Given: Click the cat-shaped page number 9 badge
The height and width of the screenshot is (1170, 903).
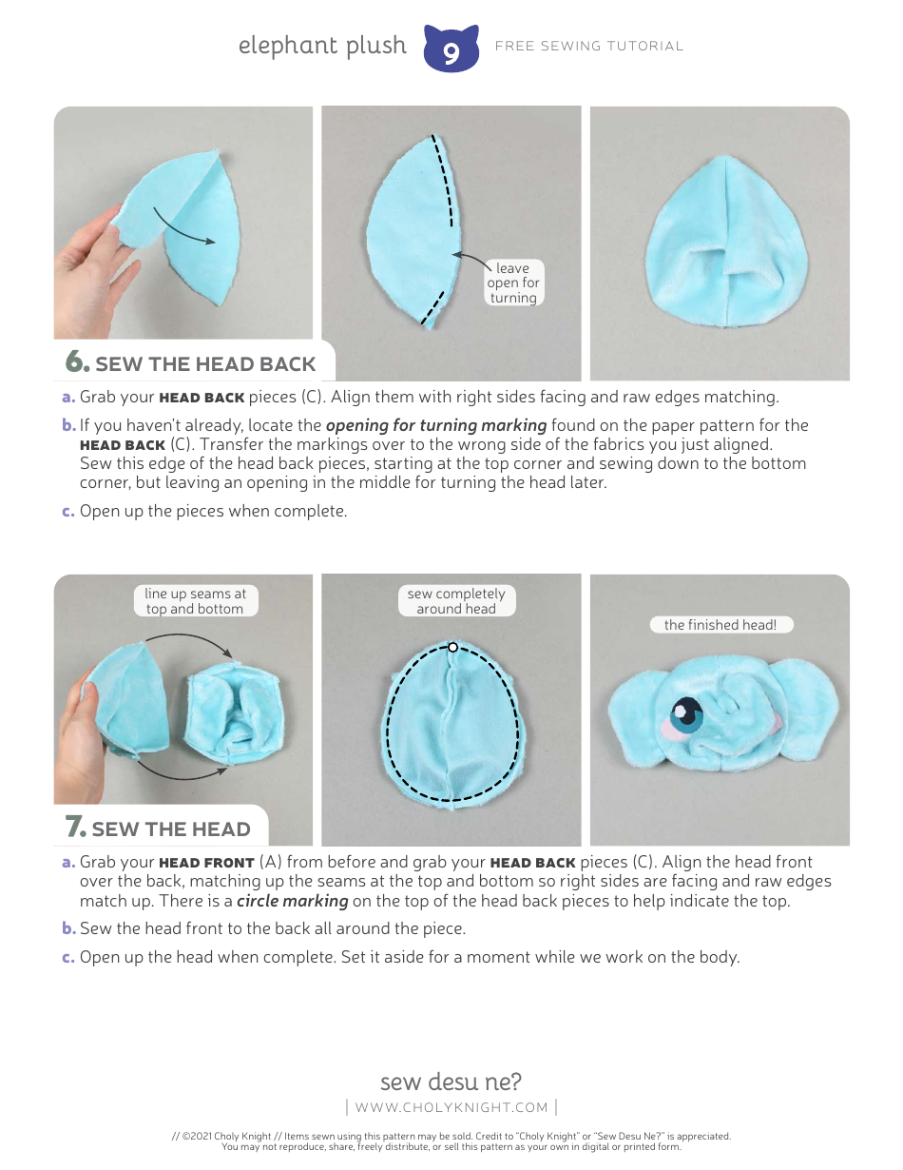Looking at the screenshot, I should coord(451,49).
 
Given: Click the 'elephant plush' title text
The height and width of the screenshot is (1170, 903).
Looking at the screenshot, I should coord(322,46).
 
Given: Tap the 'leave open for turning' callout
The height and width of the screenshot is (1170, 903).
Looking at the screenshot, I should coord(513,283).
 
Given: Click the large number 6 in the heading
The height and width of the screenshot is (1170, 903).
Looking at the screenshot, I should coord(77,362).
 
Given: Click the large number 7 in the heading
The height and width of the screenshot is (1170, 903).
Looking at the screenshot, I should coord(76,828).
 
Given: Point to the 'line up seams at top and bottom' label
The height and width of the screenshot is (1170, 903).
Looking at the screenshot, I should coord(195,601).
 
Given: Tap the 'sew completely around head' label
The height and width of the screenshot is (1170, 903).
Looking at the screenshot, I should coord(456,601).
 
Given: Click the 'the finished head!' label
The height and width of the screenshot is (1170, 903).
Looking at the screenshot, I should coord(720,625).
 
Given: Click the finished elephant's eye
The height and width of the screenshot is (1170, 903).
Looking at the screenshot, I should coord(686,712).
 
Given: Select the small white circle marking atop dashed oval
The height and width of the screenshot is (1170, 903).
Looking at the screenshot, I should coord(453,647).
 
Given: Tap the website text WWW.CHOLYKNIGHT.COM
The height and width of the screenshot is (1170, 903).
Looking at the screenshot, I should coord(451,1107).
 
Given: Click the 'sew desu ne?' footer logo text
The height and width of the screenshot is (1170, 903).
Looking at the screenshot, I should coord(451,1082).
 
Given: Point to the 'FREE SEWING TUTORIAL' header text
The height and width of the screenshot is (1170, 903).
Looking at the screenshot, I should coord(589,46).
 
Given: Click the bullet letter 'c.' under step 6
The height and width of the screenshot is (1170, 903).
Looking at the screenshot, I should coord(67,512).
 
